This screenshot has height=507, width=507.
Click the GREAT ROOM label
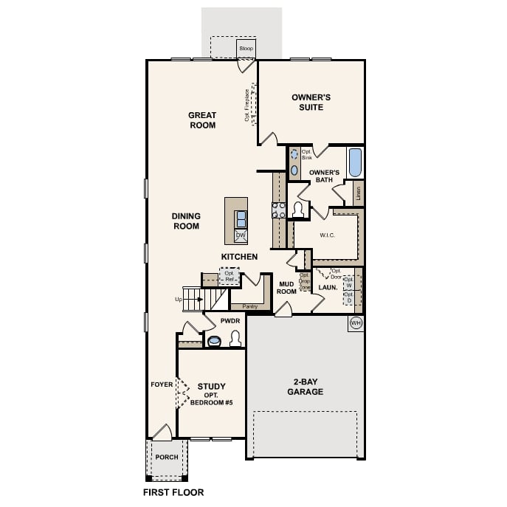point(201,120)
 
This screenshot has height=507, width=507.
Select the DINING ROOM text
point(186,221)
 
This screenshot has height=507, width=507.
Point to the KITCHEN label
point(239,256)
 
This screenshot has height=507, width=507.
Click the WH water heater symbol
point(356,323)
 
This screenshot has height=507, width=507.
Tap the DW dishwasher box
point(241,236)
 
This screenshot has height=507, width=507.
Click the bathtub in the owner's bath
point(355,162)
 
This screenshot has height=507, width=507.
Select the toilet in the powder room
point(235,339)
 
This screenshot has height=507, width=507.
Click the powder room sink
point(215,341)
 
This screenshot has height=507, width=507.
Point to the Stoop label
point(246,49)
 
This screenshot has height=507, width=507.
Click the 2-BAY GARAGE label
point(304,387)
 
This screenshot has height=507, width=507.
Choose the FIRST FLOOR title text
point(173,492)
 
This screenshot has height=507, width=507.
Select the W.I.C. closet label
point(328,235)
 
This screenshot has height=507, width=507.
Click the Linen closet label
point(359,193)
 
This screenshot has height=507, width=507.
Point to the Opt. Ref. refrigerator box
point(230,277)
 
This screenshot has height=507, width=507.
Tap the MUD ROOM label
point(286,287)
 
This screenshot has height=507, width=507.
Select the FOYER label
point(161,384)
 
